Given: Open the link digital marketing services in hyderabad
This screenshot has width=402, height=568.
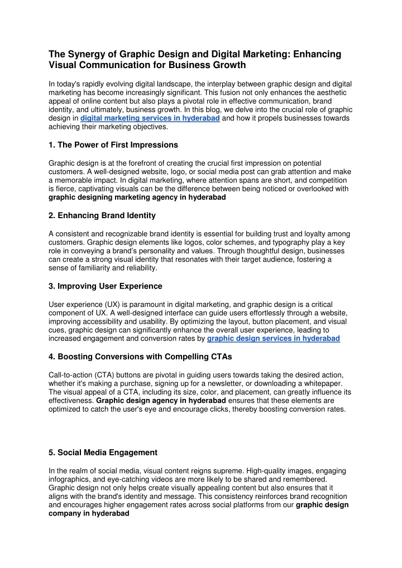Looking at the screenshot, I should coord(150,119).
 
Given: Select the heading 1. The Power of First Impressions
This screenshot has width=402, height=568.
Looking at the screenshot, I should coord(113,145).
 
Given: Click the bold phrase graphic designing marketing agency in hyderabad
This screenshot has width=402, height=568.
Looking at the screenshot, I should coord(137,198).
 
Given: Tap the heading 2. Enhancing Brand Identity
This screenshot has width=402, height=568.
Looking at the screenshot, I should coord(102,215).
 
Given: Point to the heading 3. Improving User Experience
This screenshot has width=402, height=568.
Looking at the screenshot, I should coord(106,286).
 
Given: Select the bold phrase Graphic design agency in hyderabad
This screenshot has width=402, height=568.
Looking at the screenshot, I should coord(161,401).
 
